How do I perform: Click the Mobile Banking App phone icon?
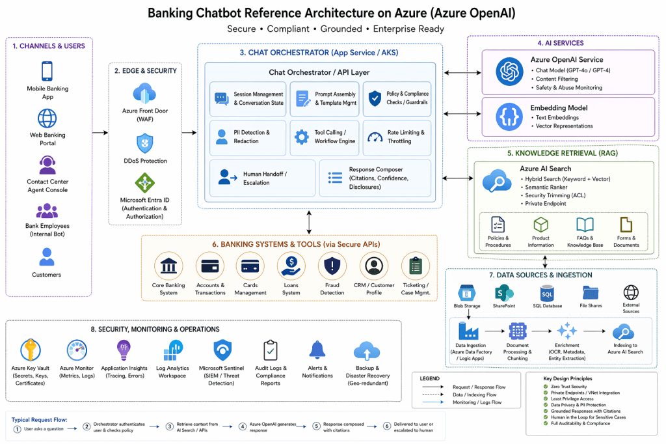click(x=47, y=71)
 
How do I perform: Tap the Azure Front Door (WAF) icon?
click(x=144, y=92)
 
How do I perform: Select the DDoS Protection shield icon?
click(x=144, y=143)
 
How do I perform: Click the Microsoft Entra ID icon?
click(x=144, y=183)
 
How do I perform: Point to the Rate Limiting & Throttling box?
click(x=397, y=137)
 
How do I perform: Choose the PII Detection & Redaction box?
click(x=248, y=137)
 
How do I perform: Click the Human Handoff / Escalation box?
click(x=262, y=178)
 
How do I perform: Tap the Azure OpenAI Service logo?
click(x=509, y=72)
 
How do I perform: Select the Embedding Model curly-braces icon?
click(x=509, y=117)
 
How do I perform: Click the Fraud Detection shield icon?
click(x=332, y=266)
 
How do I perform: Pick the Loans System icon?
click(x=291, y=266)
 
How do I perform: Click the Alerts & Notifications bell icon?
click(x=317, y=350)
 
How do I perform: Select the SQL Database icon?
click(x=547, y=293)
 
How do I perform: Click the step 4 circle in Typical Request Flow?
click(x=243, y=427)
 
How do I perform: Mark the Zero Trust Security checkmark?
click(x=545, y=387)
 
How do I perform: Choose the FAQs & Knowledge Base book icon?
click(x=585, y=225)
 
